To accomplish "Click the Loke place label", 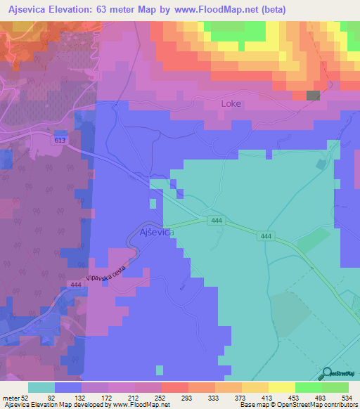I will click(x=231, y=103).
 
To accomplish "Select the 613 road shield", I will click(x=59, y=141).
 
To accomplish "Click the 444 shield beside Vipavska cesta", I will click(x=76, y=285).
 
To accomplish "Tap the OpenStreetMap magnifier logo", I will click(x=328, y=373).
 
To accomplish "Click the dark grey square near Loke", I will click(x=313, y=96).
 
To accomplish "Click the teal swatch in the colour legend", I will click(x=41, y=387).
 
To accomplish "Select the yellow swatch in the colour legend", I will click(x=281, y=387).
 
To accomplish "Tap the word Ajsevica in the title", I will click(x=31, y=9).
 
